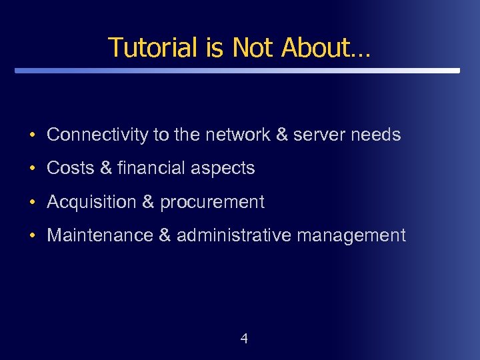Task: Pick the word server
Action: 319,135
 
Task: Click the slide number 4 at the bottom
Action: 243,339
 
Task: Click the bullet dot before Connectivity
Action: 32,135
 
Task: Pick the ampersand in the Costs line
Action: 106,168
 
